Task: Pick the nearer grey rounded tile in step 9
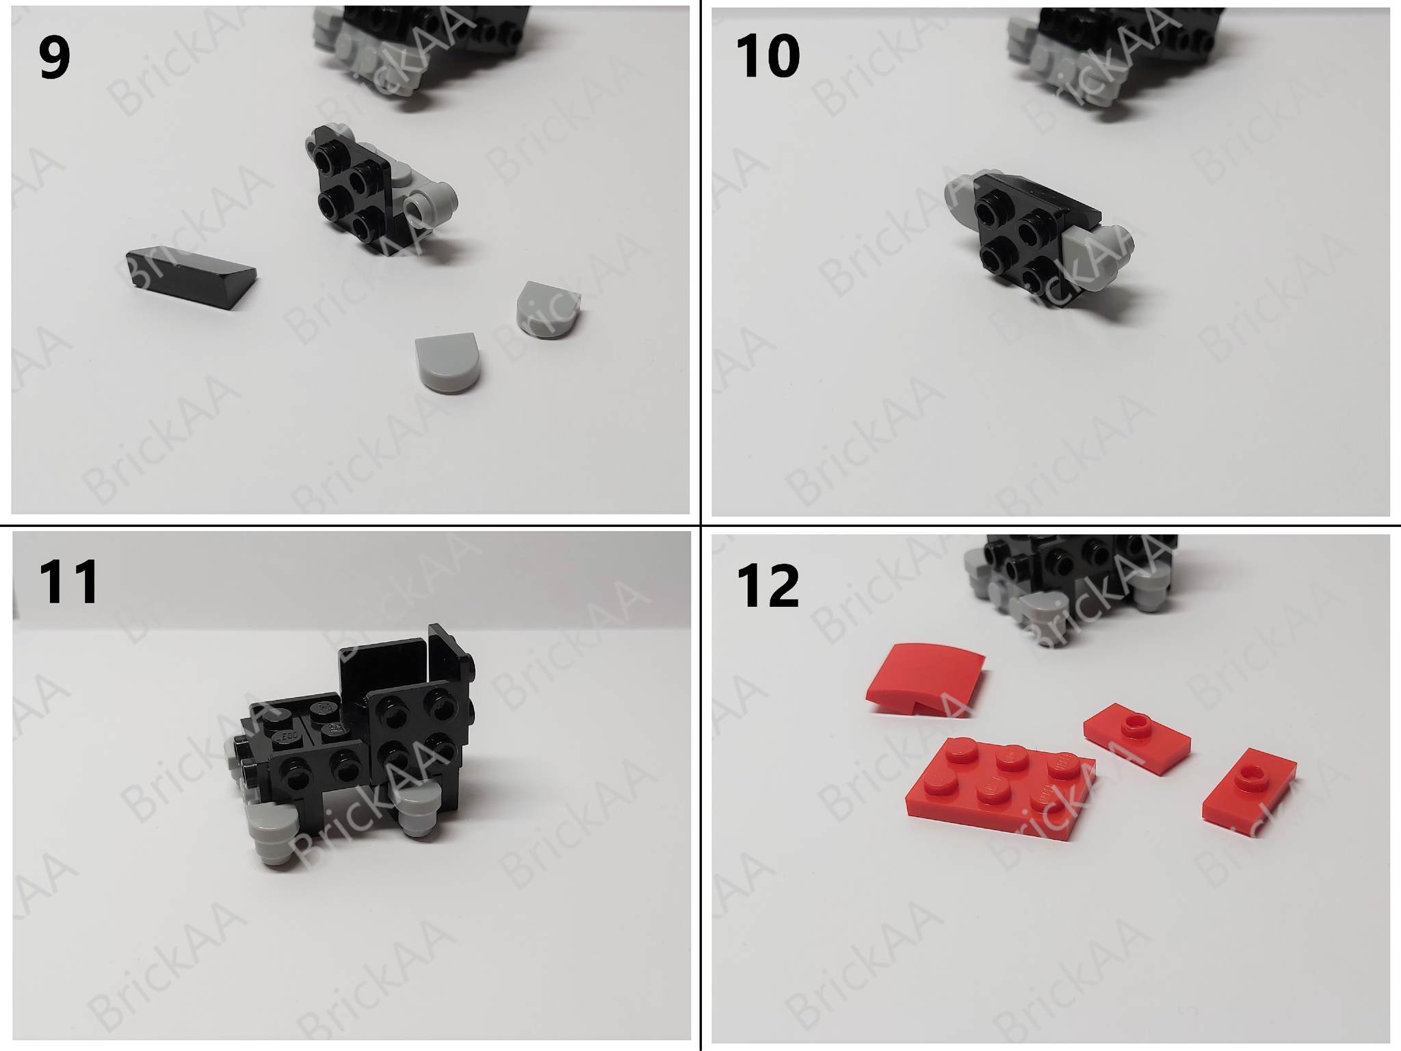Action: [447, 362]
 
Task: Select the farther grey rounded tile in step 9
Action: [548, 308]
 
